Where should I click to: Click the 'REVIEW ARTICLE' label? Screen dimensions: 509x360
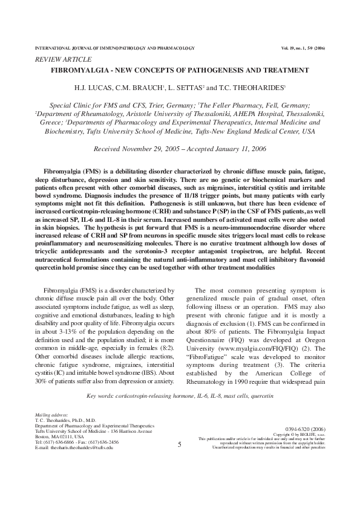point(63,59)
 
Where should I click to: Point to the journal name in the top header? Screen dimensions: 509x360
point(115,47)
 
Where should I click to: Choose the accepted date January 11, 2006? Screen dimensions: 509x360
point(241,148)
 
